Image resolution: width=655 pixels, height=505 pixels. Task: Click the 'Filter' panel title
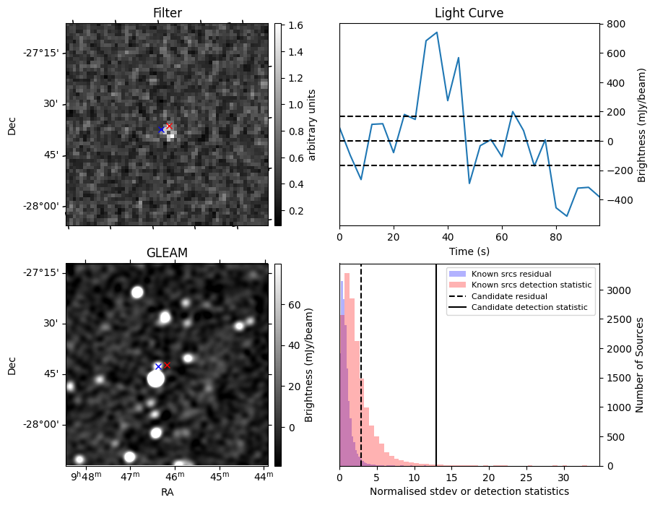167,13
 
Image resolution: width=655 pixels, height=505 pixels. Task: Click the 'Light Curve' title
469,13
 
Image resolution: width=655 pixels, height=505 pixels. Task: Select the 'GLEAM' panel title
167,253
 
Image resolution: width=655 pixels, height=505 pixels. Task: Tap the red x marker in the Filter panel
169,126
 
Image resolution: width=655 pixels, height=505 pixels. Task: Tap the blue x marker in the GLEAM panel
158,366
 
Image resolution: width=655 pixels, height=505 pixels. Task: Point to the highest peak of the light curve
437,33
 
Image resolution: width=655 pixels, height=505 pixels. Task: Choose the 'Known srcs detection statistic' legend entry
531,285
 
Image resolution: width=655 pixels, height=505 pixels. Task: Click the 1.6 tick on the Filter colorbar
294,26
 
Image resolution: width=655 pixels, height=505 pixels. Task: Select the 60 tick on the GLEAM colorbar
293,306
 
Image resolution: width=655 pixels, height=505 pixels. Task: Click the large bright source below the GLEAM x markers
155,379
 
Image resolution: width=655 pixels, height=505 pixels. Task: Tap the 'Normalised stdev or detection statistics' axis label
469,491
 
